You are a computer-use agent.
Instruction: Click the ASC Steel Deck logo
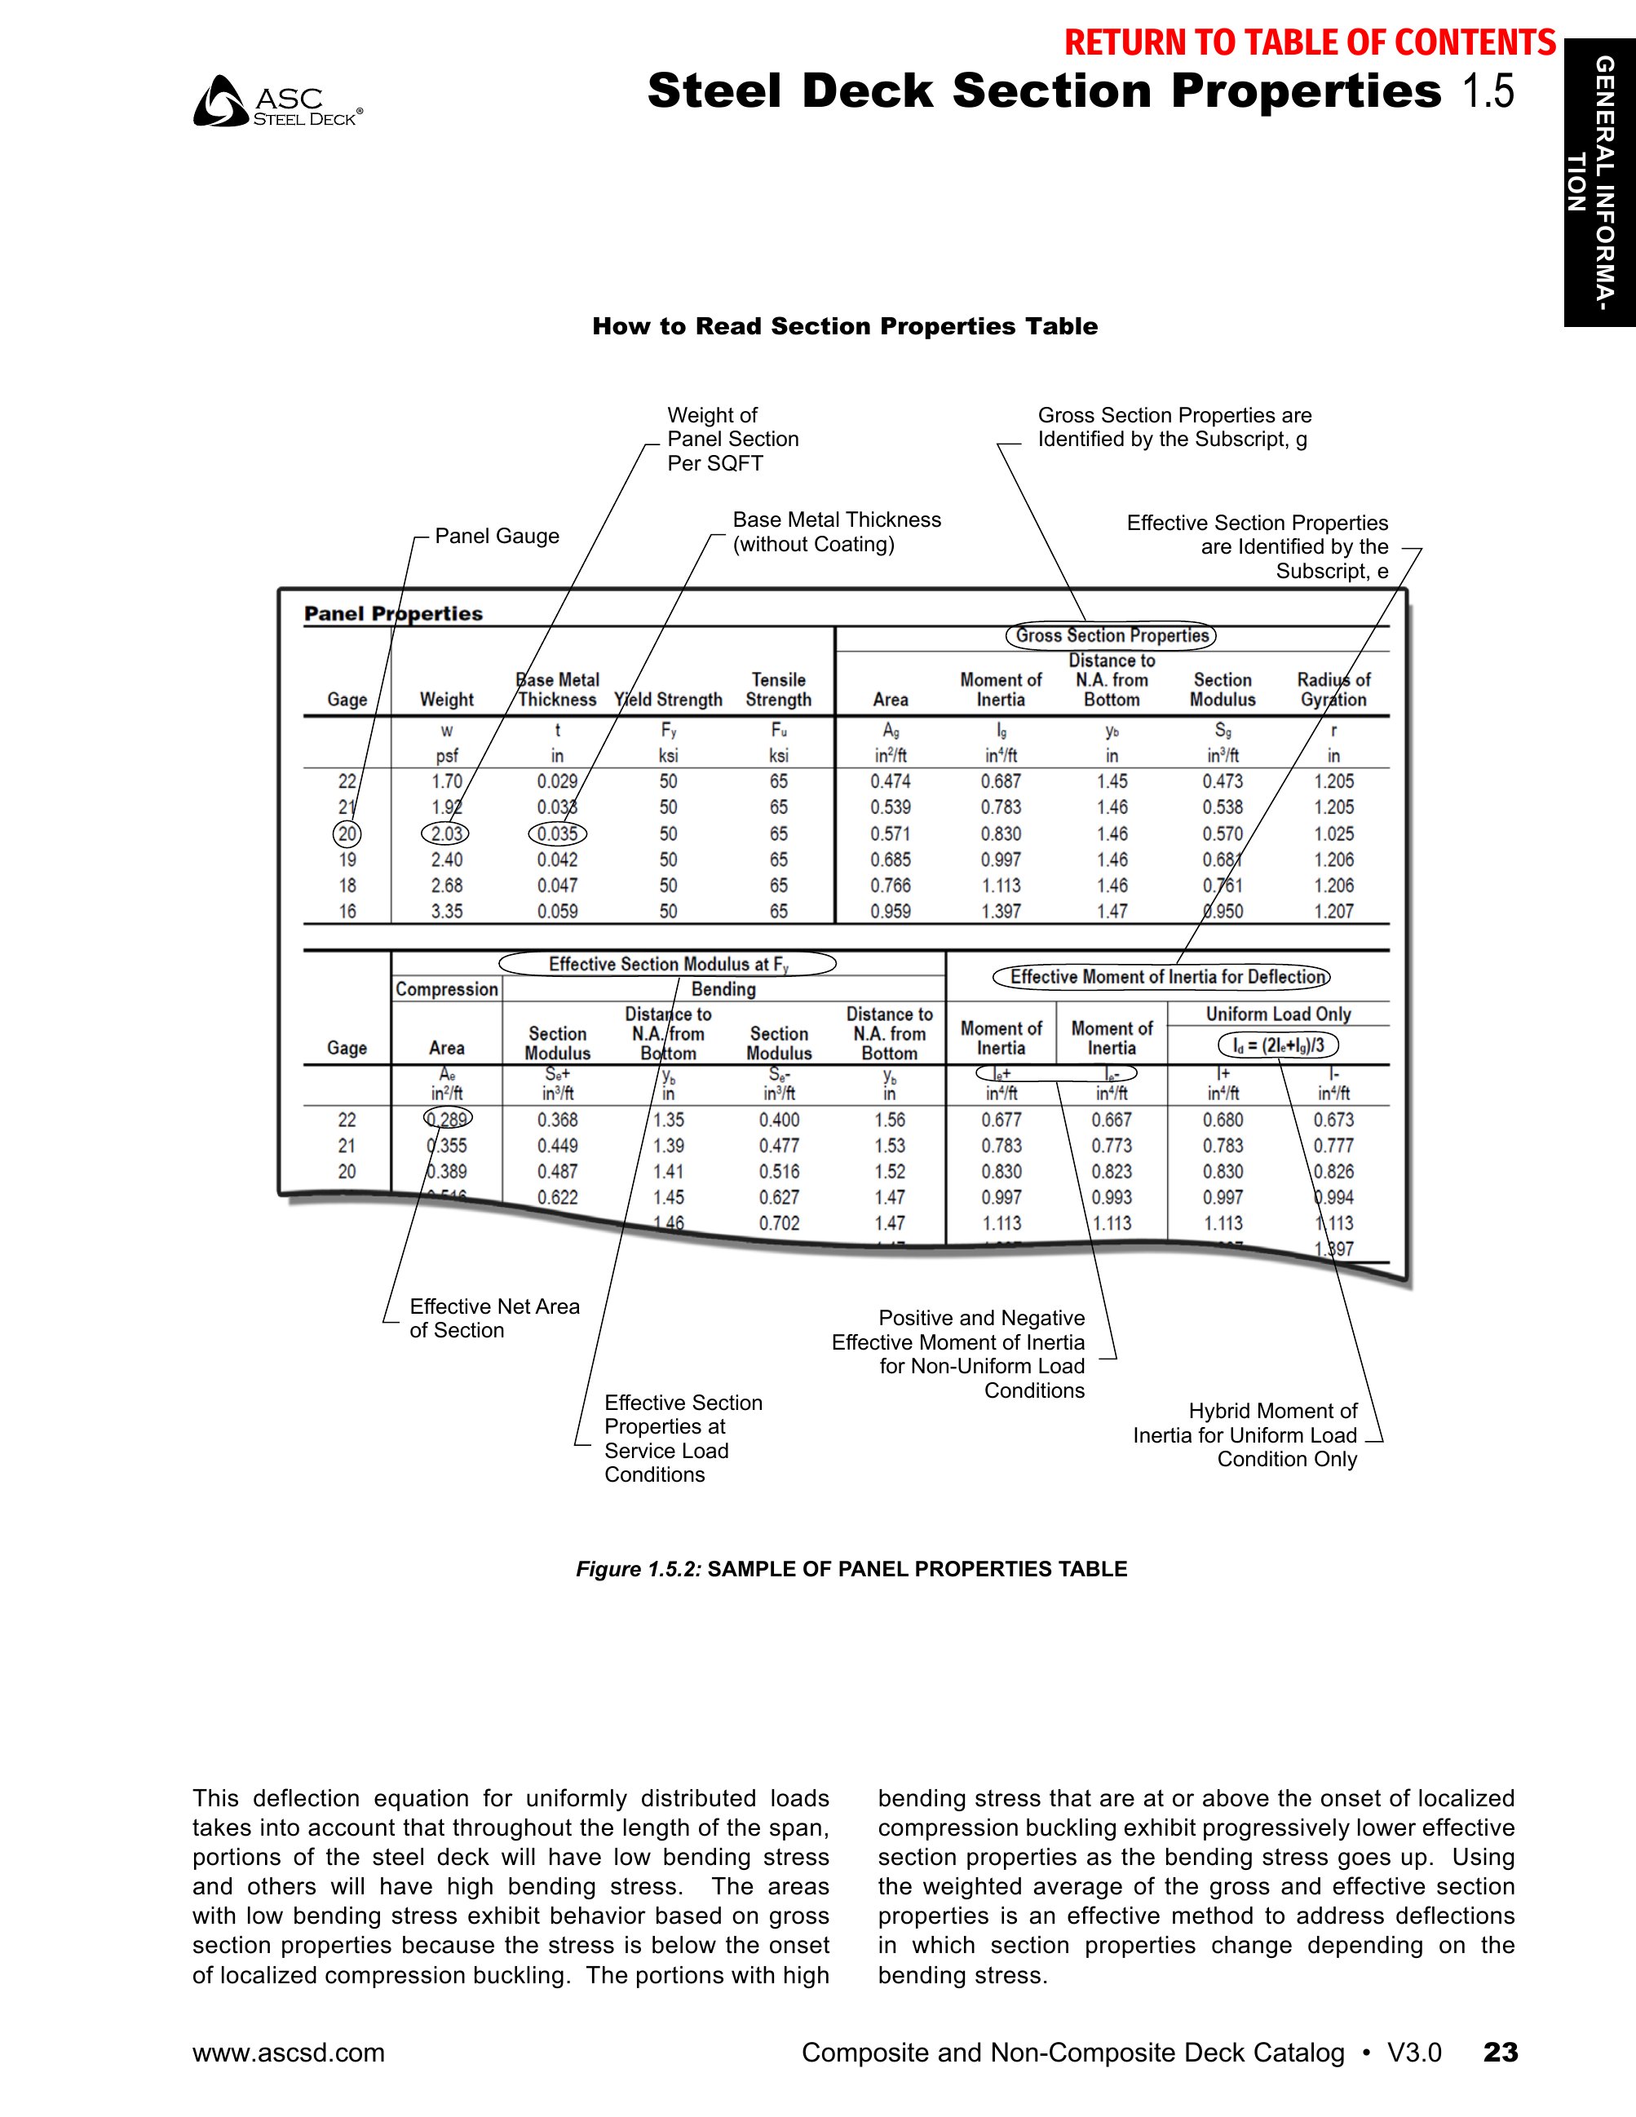(x=277, y=103)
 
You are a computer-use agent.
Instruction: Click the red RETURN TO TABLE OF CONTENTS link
(x=1310, y=42)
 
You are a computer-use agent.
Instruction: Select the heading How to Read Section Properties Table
(x=844, y=327)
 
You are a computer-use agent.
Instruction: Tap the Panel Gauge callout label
(x=496, y=536)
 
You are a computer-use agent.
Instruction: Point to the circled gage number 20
(x=347, y=833)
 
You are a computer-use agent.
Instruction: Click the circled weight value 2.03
(x=446, y=833)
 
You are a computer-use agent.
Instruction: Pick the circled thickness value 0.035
(x=557, y=833)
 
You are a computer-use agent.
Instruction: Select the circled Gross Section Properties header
(x=1111, y=636)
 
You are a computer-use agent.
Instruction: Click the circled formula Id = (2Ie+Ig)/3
(x=1278, y=1045)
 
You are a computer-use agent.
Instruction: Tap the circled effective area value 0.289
(x=448, y=1119)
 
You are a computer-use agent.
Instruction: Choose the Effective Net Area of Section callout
(x=493, y=1319)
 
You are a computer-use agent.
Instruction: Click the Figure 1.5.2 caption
(x=851, y=1569)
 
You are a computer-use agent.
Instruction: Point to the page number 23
(x=1501, y=2052)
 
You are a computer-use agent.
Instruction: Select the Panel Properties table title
(x=392, y=613)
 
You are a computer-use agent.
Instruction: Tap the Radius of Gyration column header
(x=1333, y=689)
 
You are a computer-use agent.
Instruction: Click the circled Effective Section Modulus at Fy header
(x=668, y=964)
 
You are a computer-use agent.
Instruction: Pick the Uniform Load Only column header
(x=1277, y=1014)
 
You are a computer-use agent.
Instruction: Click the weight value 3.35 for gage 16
(x=447, y=911)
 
